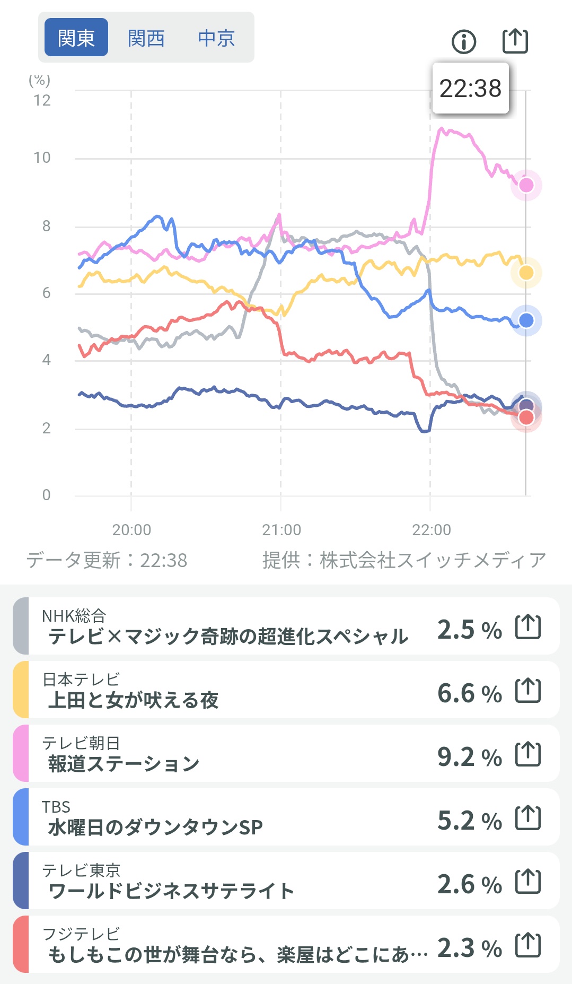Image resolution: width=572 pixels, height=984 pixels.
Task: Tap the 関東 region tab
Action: coord(76,38)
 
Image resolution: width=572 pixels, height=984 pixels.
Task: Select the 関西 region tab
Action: coord(146,38)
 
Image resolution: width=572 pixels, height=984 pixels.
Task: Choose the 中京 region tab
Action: coord(216,38)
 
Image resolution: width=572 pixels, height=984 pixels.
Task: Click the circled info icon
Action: coord(464,41)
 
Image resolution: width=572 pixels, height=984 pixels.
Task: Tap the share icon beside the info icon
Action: coord(515,41)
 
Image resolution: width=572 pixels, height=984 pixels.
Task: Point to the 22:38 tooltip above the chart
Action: coord(470,89)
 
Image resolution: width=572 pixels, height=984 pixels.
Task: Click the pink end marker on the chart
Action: coord(526,185)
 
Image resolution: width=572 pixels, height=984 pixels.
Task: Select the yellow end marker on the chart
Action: coord(526,273)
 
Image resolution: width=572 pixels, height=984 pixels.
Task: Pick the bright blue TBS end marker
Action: coord(526,320)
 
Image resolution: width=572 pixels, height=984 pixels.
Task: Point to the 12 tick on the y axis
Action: coord(42,100)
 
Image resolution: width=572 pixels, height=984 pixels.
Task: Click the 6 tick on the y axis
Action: coord(47,293)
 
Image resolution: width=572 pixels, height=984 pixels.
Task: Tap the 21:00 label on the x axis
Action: coord(281,529)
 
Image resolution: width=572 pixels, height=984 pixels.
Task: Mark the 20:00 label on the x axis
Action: coord(131,529)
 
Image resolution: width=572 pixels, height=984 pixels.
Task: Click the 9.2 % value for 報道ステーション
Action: coord(469,757)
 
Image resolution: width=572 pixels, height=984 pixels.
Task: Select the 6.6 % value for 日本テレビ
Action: coord(469,693)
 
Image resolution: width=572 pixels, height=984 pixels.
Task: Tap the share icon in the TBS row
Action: coord(528,817)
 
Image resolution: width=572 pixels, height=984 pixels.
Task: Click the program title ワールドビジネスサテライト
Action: coord(171,891)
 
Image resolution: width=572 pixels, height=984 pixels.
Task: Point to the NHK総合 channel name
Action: coord(74,616)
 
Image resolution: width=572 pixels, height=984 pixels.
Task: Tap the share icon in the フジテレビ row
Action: coord(528,945)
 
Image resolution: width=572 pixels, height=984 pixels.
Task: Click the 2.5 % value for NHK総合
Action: coord(469,630)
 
